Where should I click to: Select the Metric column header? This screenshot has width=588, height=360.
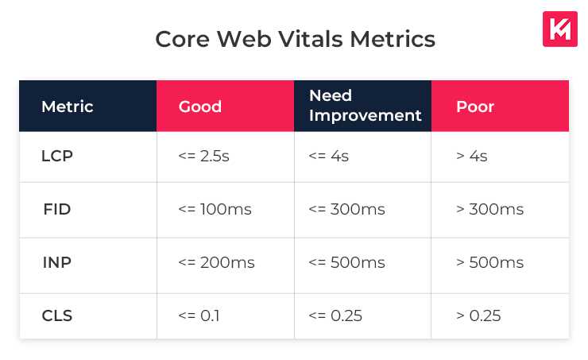(x=68, y=106)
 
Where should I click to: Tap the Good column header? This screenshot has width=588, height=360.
(x=200, y=106)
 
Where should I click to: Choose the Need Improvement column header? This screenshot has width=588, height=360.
(x=365, y=106)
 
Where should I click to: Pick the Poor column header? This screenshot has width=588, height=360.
(x=475, y=106)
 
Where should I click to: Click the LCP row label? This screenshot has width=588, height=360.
(x=57, y=157)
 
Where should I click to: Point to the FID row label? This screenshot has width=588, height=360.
(x=57, y=210)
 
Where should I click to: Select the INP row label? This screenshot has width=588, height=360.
(x=57, y=263)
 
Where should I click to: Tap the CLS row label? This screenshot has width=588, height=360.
(x=57, y=316)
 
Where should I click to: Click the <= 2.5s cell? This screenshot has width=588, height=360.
(x=204, y=157)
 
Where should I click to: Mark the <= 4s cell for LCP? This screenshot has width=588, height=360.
(x=328, y=157)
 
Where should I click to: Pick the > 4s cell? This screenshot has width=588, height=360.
(x=472, y=157)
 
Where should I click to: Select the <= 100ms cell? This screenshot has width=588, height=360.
(x=215, y=210)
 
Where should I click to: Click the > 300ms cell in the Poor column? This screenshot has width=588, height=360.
(x=489, y=210)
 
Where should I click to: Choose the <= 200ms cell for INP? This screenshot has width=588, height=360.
(x=217, y=263)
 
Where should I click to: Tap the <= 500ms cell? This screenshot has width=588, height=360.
(x=346, y=263)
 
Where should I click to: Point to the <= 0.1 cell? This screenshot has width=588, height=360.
(x=199, y=316)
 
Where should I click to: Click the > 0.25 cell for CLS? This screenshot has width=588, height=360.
(x=478, y=316)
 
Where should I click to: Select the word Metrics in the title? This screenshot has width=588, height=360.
(x=395, y=39)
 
